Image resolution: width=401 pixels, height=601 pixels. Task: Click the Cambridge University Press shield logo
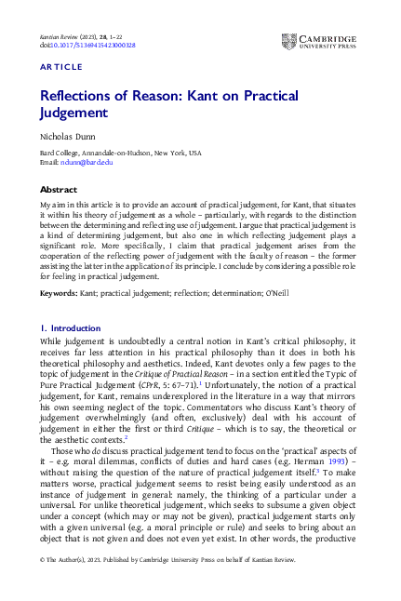click(x=288, y=41)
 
